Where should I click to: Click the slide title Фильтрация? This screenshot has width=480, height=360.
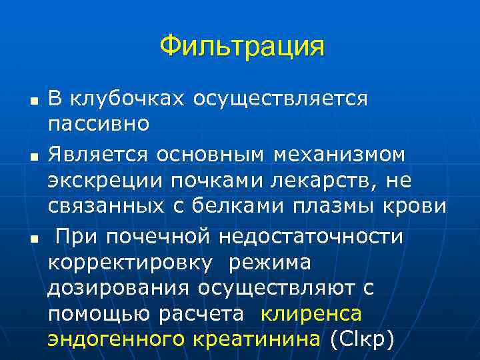click(241, 46)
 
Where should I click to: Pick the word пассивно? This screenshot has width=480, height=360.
click(99, 123)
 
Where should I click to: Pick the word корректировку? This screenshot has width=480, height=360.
click(131, 263)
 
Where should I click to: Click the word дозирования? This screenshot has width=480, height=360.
click(119, 288)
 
